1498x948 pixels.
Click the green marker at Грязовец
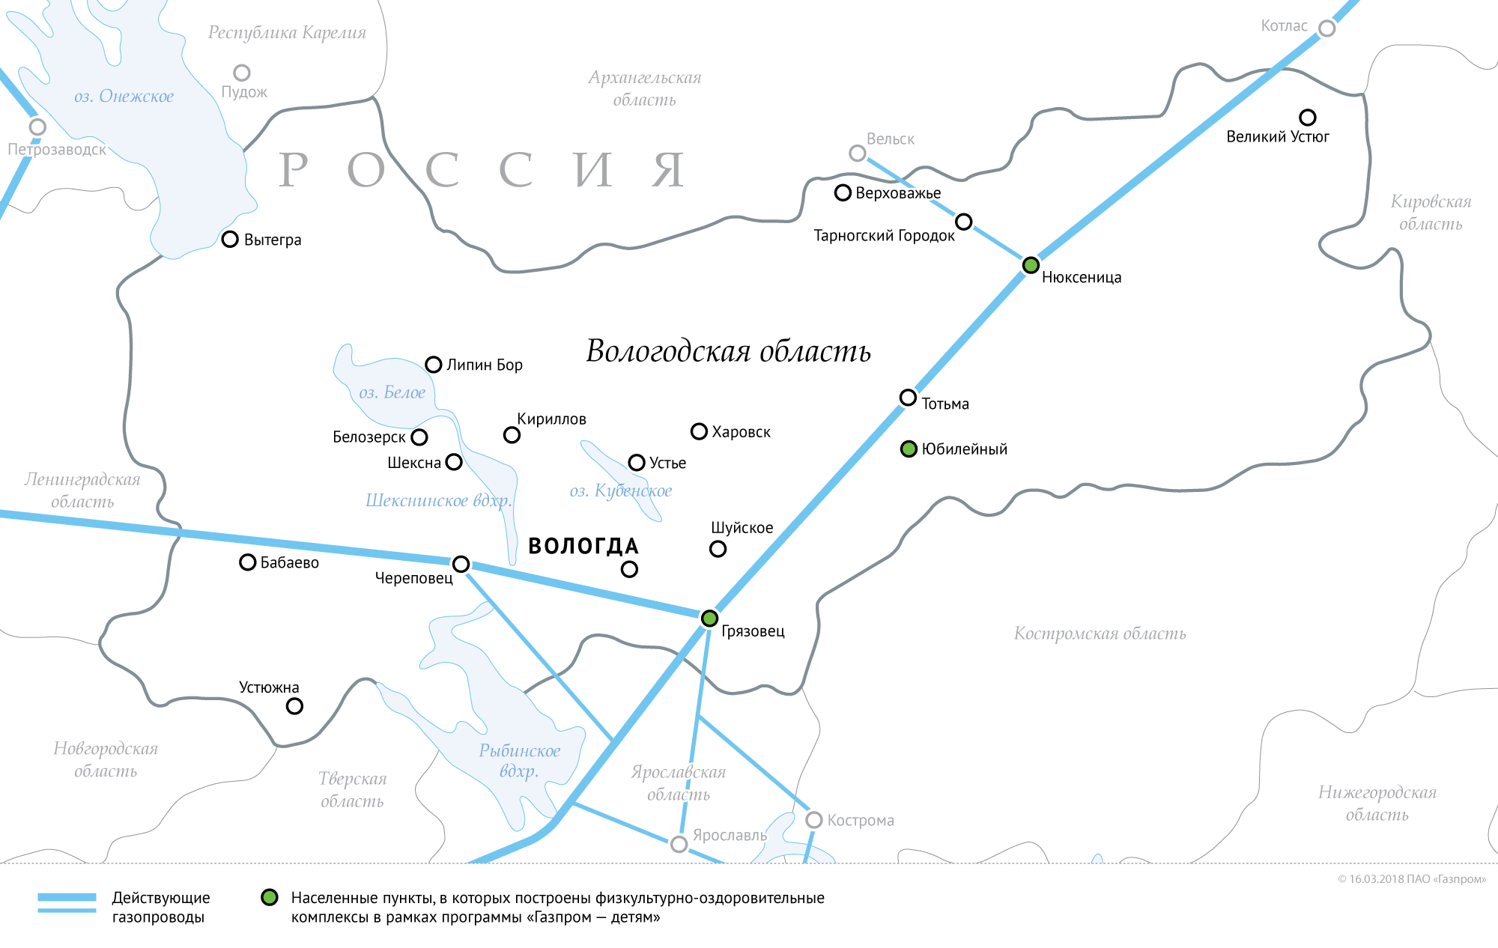709,619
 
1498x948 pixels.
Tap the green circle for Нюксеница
1031,264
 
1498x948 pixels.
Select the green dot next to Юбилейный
909,449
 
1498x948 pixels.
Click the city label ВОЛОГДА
583,546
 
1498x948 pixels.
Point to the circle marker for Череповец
461,564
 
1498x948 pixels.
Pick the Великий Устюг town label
1277,136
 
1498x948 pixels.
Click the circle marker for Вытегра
230,240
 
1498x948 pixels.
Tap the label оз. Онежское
124,96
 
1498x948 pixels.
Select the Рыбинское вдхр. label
519,761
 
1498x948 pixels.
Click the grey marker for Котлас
1326,28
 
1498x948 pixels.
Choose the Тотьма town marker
908,398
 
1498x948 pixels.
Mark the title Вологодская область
728,351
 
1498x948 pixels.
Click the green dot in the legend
270,897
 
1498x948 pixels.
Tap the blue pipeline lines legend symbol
67,903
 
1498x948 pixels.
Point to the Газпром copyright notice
1412,879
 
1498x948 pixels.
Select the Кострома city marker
814,820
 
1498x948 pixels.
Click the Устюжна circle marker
295,706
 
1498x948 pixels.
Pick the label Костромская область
1100,633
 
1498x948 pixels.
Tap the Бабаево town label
289,562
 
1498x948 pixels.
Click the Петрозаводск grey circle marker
37,127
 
